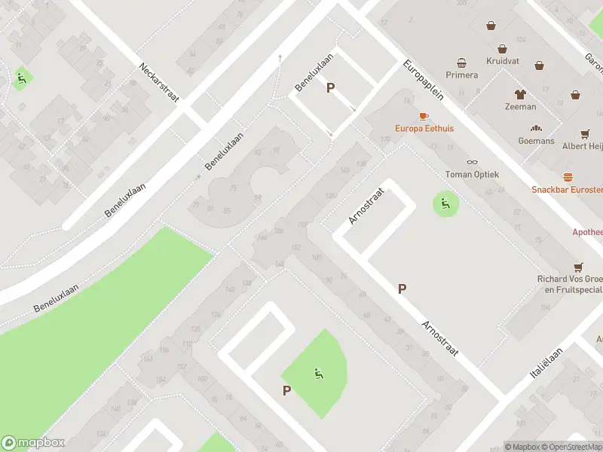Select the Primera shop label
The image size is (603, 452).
[462, 75]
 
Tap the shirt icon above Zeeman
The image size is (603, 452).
[520, 94]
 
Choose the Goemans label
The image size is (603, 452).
[536, 141]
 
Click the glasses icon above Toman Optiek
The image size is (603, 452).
[473, 161]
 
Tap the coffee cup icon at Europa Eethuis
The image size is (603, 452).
[423, 116]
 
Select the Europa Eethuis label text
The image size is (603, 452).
[424, 129]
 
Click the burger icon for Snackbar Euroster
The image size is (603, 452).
[568, 177]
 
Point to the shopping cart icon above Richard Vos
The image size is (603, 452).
[578, 267]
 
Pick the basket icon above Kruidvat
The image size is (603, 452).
[491, 26]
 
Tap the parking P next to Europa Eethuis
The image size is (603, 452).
[329, 88]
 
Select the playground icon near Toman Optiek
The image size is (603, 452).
[445, 203]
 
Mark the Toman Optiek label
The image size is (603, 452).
[473, 174]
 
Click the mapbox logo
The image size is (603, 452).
[33, 443]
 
